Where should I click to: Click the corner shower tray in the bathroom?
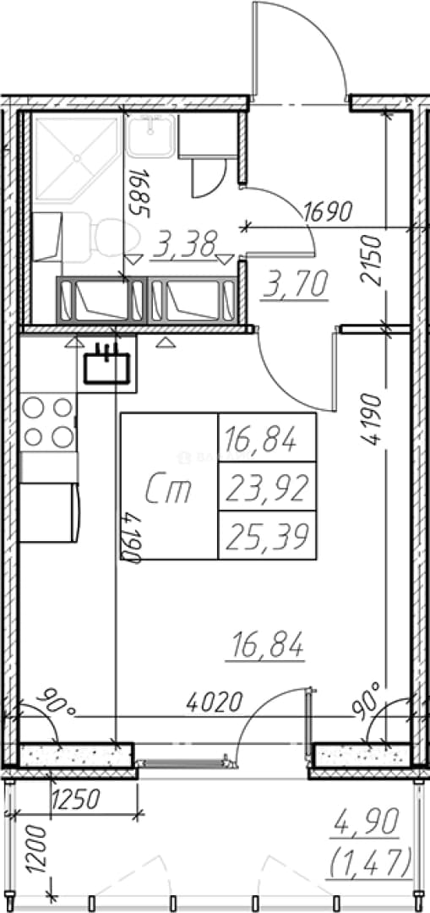click(x=77, y=157)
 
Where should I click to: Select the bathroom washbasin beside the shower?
click(x=150, y=135)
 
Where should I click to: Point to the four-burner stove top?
click(x=48, y=422)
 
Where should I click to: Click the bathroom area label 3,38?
click(x=183, y=244)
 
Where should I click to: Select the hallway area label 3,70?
click(x=295, y=283)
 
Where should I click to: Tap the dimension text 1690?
click(x=329, y=211)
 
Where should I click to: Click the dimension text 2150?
click(x=371, y=260)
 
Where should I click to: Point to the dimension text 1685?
click(x=135, y=192)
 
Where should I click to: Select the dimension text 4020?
click(x=214, y=703)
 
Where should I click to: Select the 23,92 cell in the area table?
click(x=267, y=487)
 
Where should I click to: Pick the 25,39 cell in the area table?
click(x=267, y=536)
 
